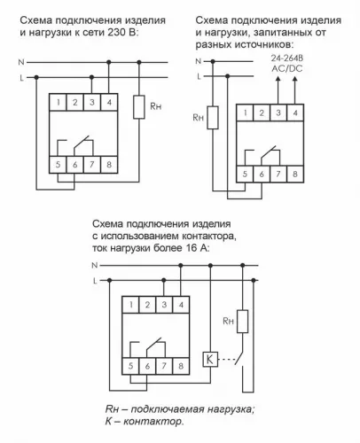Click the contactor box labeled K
(209, 359)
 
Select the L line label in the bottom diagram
(95, 281)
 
